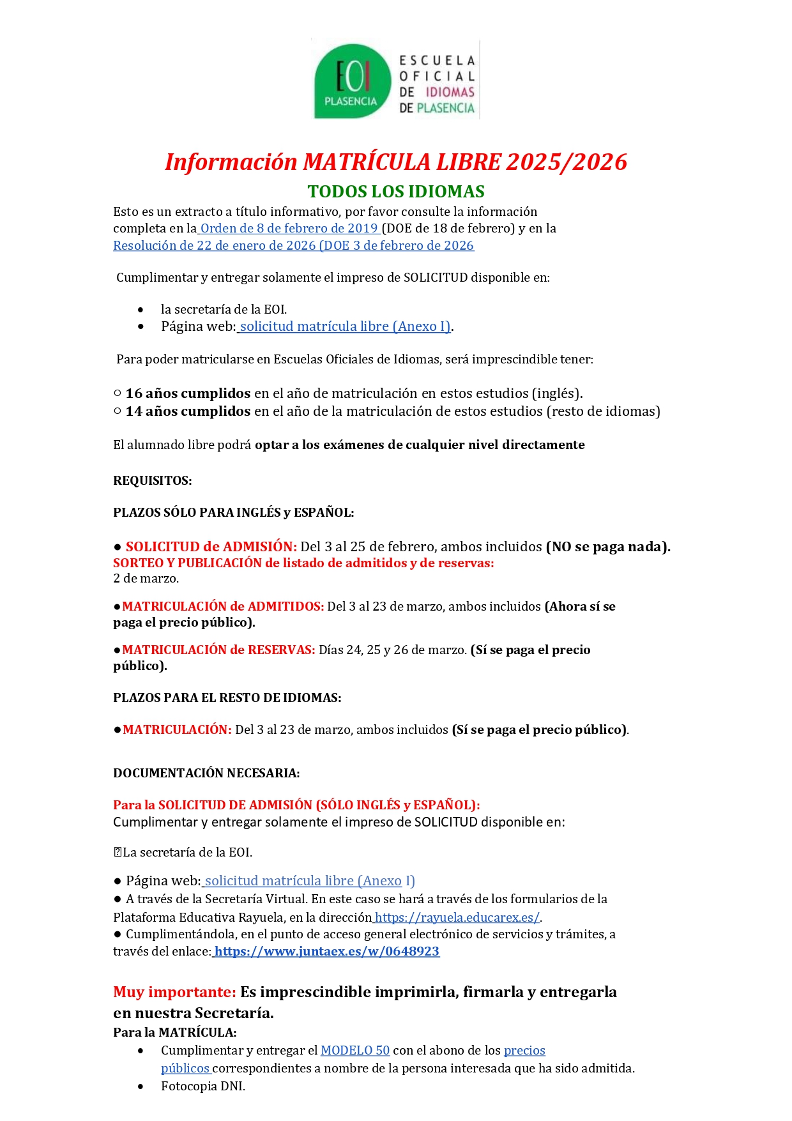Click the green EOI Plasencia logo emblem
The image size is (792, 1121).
(351, 81)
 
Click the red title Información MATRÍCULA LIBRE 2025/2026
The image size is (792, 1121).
(396, 162)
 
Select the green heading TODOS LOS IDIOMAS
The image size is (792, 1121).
(396, 192)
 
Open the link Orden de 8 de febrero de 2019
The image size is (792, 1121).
(289, 229)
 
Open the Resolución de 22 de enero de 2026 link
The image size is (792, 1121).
(293, 246)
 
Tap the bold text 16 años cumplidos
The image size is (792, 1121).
(188, 393)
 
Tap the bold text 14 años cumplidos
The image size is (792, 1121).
(188, 411)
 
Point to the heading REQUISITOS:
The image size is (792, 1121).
(153, 481)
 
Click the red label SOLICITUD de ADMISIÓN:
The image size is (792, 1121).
(211, 547)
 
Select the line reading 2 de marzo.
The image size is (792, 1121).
(146, 579)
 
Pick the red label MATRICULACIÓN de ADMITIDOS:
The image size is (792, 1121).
(223, 607)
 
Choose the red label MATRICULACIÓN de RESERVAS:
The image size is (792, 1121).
(218, 650)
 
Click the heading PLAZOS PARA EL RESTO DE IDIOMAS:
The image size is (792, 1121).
(227, 698)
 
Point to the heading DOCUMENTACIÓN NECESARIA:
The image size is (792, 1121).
(206, 774)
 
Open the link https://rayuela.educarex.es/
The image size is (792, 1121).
(457, 918)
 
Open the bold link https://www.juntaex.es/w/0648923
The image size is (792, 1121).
(327, 952)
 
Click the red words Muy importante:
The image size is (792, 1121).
(174, 993)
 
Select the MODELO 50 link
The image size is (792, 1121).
(355, 1051)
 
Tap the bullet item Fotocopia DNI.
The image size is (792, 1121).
(203, 1087)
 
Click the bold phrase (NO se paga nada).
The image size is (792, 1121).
(608, 547)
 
